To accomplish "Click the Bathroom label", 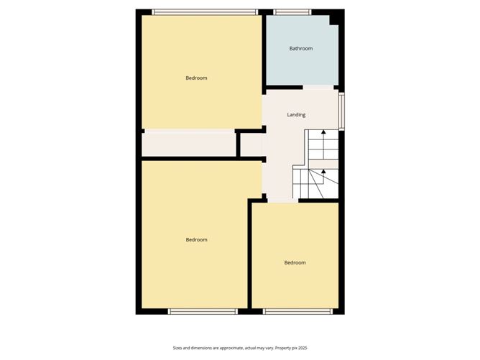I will click(301, 49).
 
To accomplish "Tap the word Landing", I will click(296, 115).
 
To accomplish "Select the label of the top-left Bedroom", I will click(196, 78).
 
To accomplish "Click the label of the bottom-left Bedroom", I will click(196, 240).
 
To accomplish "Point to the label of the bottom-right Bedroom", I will click(295, 263).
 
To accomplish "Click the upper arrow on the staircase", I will click(323, 133).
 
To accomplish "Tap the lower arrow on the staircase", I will click(323, 172).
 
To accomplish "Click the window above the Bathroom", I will click(292, 11).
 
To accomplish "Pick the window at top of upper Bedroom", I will click(205, 11).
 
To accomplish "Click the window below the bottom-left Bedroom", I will click(203, 311).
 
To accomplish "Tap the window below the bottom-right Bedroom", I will click(297, 311).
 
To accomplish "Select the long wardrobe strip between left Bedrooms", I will click(189, 144).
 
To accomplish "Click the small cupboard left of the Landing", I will click(251, 145).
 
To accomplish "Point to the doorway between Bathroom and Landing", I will click(317, 88).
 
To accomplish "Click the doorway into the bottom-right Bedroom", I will click(283, 202).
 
